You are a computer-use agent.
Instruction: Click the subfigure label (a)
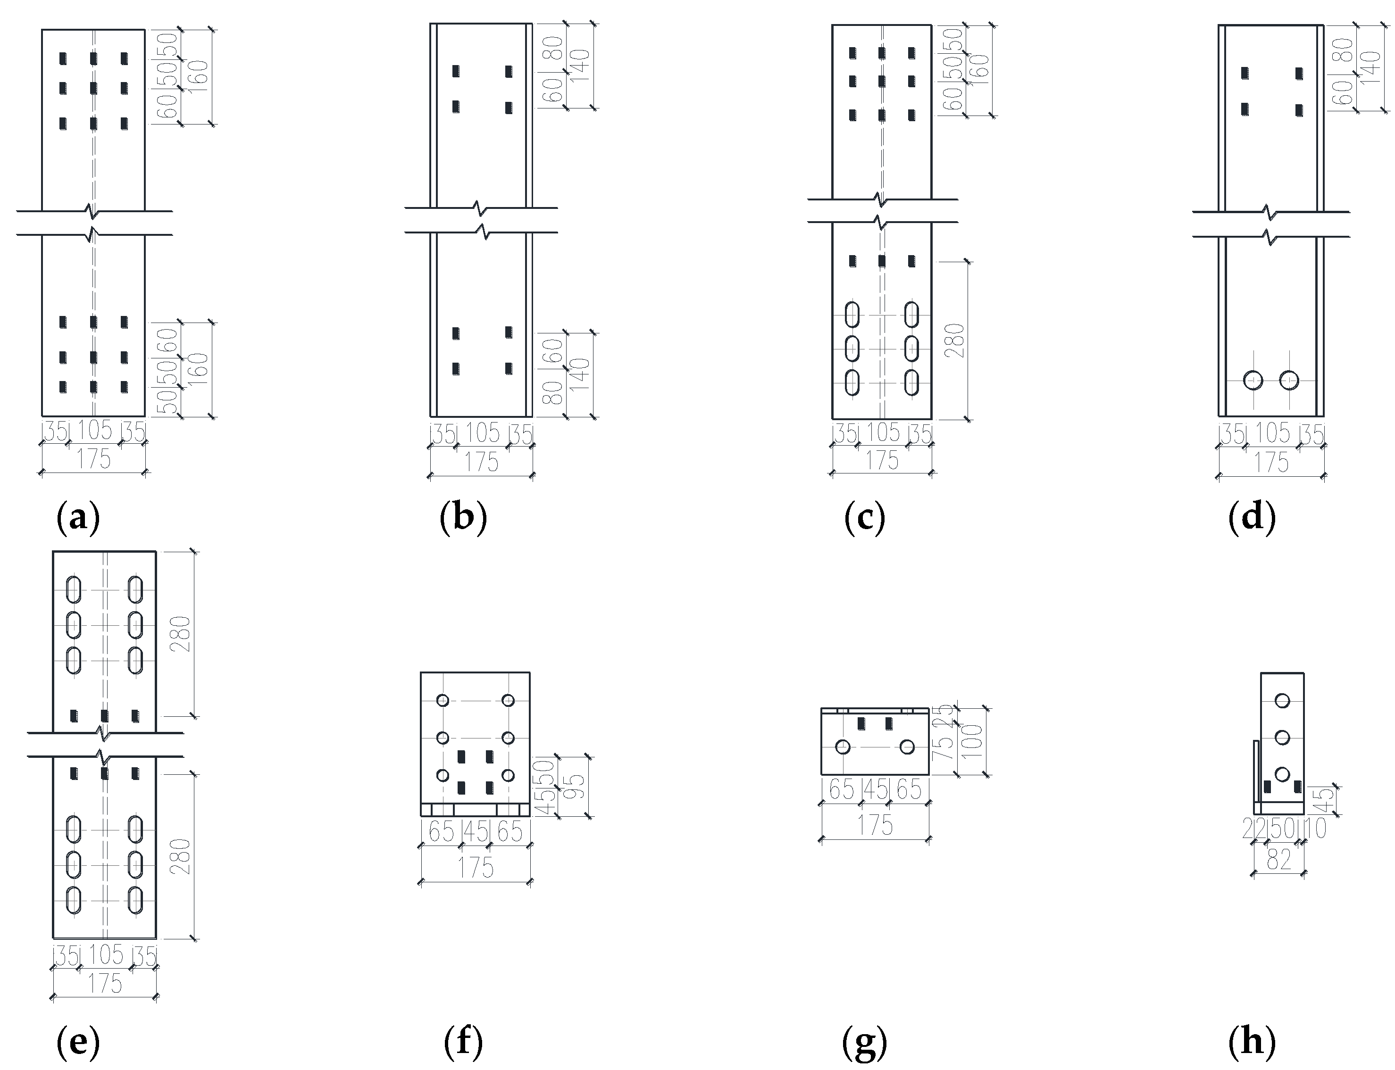click(78, 518)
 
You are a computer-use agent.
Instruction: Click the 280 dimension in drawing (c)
click(957, 340)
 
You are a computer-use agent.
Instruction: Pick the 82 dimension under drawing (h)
click(1278, 860)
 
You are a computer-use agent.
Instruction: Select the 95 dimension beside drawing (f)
click(576, 787)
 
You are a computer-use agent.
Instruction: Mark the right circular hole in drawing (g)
click(907, 747)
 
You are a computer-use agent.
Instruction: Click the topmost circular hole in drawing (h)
click(1282, 701)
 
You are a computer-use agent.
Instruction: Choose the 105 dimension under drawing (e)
click(106, 954)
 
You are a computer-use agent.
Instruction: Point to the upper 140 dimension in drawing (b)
click(581, 66)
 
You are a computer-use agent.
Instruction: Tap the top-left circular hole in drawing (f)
click(442, 701)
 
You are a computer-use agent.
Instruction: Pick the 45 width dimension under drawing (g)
click(875, 790)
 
